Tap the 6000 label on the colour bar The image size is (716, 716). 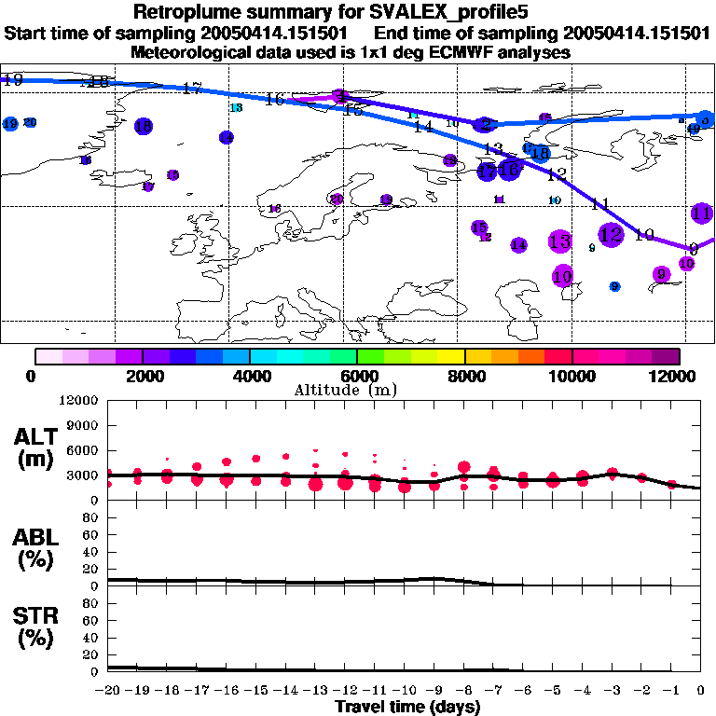(357, 376)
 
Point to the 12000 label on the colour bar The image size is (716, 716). (679, 376)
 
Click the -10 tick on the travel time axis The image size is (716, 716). (406, 691)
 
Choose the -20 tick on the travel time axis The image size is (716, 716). (109, 691)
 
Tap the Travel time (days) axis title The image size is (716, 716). (407, 708)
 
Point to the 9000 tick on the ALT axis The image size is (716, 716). (85, 425)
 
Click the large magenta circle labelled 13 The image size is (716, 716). (559, 241)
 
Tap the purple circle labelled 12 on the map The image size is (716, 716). (611, 235)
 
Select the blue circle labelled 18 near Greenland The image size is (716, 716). (144, 126)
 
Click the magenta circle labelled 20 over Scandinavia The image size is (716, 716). (337, 199)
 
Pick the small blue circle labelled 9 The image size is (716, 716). (614, 286)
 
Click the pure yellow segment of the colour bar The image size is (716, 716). (451, 356)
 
